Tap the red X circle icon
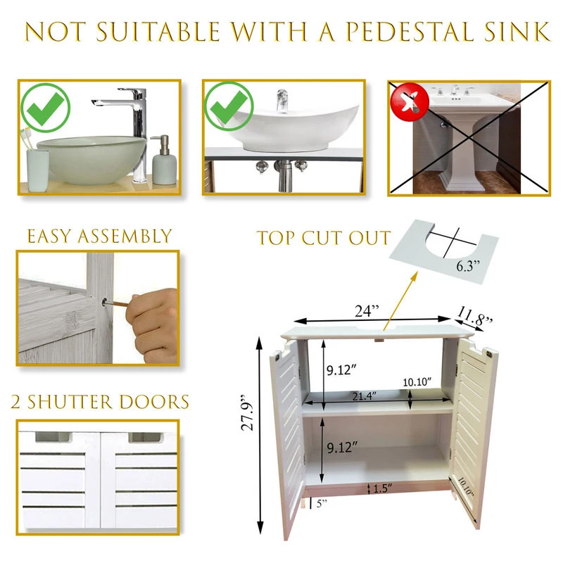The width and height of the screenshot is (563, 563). pos(410,101)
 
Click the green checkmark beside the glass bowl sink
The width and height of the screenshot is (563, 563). pos(45,107)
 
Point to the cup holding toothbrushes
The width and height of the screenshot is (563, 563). pos(38,170)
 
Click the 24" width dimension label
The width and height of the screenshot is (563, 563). pos(367,310)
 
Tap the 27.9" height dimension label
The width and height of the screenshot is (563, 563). pos(248,413)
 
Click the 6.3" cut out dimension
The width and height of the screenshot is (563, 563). pos(468,266)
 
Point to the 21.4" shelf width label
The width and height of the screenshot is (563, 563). pos(364,396)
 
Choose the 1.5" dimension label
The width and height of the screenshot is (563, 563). pos(382,488)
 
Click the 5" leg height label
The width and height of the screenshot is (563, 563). pos(322,503)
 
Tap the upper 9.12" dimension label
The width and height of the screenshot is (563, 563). pos(341,369)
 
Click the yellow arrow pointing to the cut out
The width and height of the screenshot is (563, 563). pos(400,301)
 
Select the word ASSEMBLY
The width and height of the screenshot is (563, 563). pos(125,236)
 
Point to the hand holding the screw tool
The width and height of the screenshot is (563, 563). pos(153,325)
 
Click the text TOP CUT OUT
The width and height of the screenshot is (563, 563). pos(324,238)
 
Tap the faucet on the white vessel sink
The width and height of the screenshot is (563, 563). pos(283,101)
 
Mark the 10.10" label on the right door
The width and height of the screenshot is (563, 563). pos(465,486)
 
